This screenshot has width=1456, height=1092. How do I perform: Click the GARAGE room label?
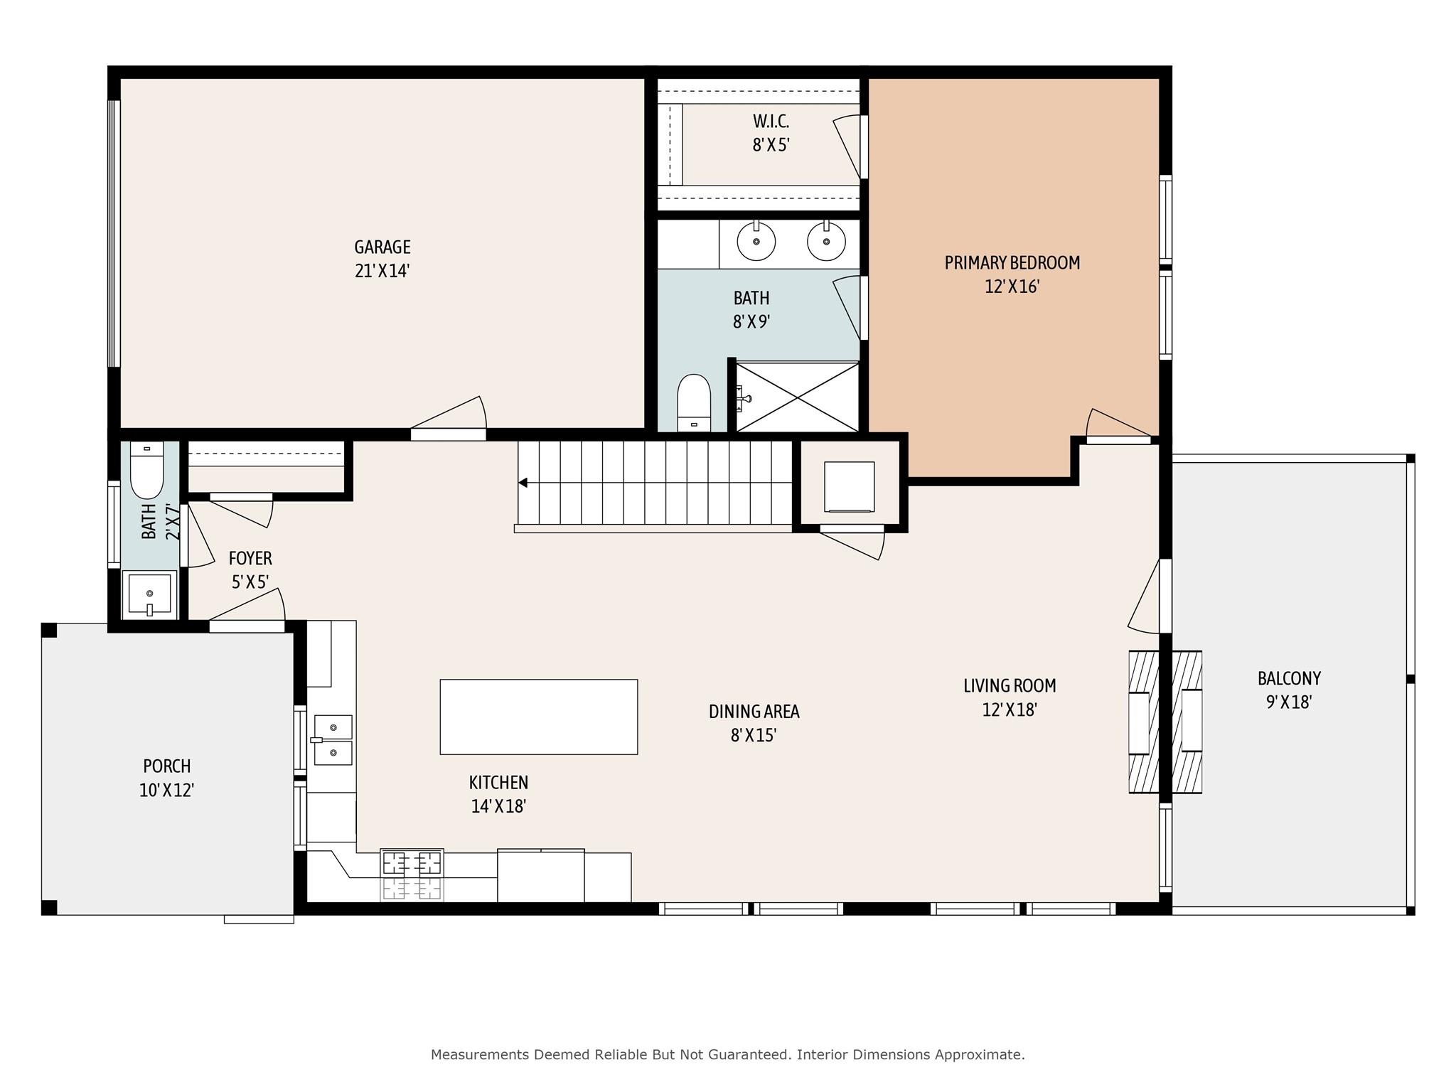coord(382,247)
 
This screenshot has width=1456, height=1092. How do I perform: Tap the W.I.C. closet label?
coord(771,122)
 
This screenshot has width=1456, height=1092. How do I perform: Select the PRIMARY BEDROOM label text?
coord(1012,263)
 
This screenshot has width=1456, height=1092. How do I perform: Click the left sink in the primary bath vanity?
coord(756,241)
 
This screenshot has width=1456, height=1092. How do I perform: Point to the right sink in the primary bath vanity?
coord(826,241)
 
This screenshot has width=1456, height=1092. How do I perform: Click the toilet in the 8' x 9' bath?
coord(694,402)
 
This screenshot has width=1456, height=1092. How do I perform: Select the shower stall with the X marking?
coord(798,397)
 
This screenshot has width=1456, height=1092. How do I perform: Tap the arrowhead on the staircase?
coord(523,483)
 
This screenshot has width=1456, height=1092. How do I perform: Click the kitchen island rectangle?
coord(538,717)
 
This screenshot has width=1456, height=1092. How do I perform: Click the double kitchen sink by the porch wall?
coord(333,740)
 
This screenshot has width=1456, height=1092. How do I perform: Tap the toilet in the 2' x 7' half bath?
coord(147,469)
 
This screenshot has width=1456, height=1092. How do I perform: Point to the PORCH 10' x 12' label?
coord(167,778)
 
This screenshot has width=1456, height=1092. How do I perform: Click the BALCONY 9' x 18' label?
coord(1288,690)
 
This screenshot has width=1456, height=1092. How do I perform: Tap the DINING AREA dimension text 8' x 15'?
coord(753,735)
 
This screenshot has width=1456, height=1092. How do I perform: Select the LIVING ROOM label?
coord(1009,686)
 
